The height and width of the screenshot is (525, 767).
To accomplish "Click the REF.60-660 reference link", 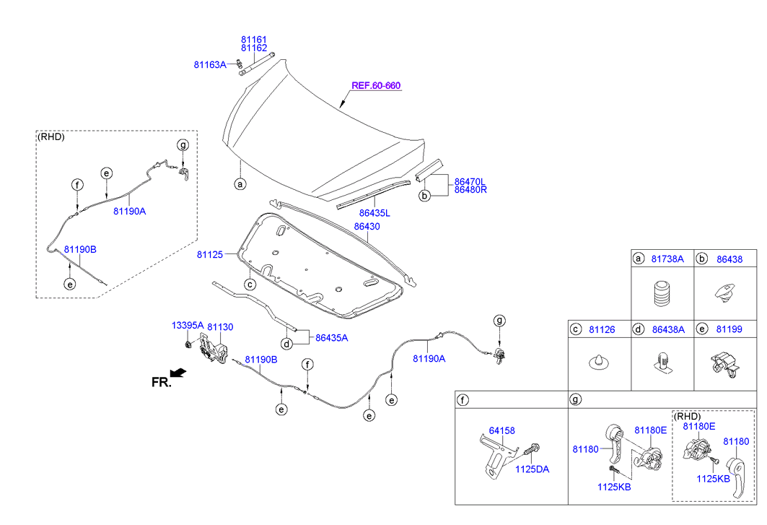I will (375, 85).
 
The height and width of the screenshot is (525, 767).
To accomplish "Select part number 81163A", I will (210, 64).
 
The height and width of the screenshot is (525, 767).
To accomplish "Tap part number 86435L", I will (374, 213).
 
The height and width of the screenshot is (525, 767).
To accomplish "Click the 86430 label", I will (367, 226).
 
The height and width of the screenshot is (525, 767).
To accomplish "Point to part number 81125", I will (209, 254).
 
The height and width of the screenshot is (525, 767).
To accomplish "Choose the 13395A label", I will (188, 326).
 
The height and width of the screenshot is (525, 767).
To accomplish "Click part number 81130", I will (220, 326).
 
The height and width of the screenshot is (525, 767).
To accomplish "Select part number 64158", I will (502, 430).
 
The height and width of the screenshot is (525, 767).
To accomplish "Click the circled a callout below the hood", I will (240, 184).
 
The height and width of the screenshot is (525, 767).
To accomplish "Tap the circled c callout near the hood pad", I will (249, 285).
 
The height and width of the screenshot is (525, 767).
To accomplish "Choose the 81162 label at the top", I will (254, 48).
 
